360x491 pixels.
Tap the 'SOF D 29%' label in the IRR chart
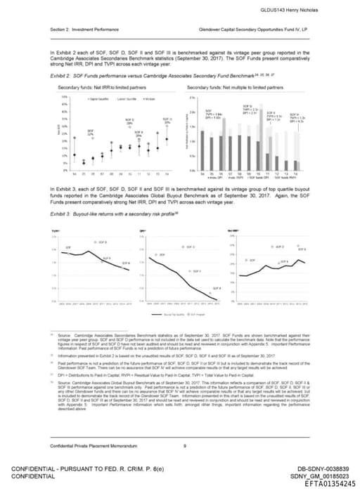[x=129, y=122]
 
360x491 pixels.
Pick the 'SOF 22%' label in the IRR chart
[x=90, y=133]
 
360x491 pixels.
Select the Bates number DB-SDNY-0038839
[x=322, y=466]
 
